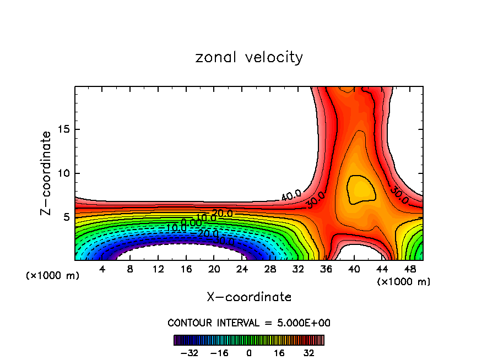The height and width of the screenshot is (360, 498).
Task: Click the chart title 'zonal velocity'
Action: (249, 57)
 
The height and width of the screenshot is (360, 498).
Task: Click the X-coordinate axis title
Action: (249, 297)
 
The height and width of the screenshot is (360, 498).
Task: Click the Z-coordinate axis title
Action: (46, 173)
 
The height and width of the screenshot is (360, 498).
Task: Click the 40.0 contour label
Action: (291, 195)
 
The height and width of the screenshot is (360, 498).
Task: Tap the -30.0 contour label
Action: (224, 241)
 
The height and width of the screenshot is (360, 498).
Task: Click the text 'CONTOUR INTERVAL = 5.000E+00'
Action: (249, 323)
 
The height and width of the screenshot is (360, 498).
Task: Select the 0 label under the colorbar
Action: (249, 353)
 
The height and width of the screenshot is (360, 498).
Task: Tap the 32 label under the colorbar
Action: (309, 353)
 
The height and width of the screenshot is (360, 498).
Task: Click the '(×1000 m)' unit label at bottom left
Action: (53, 276)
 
